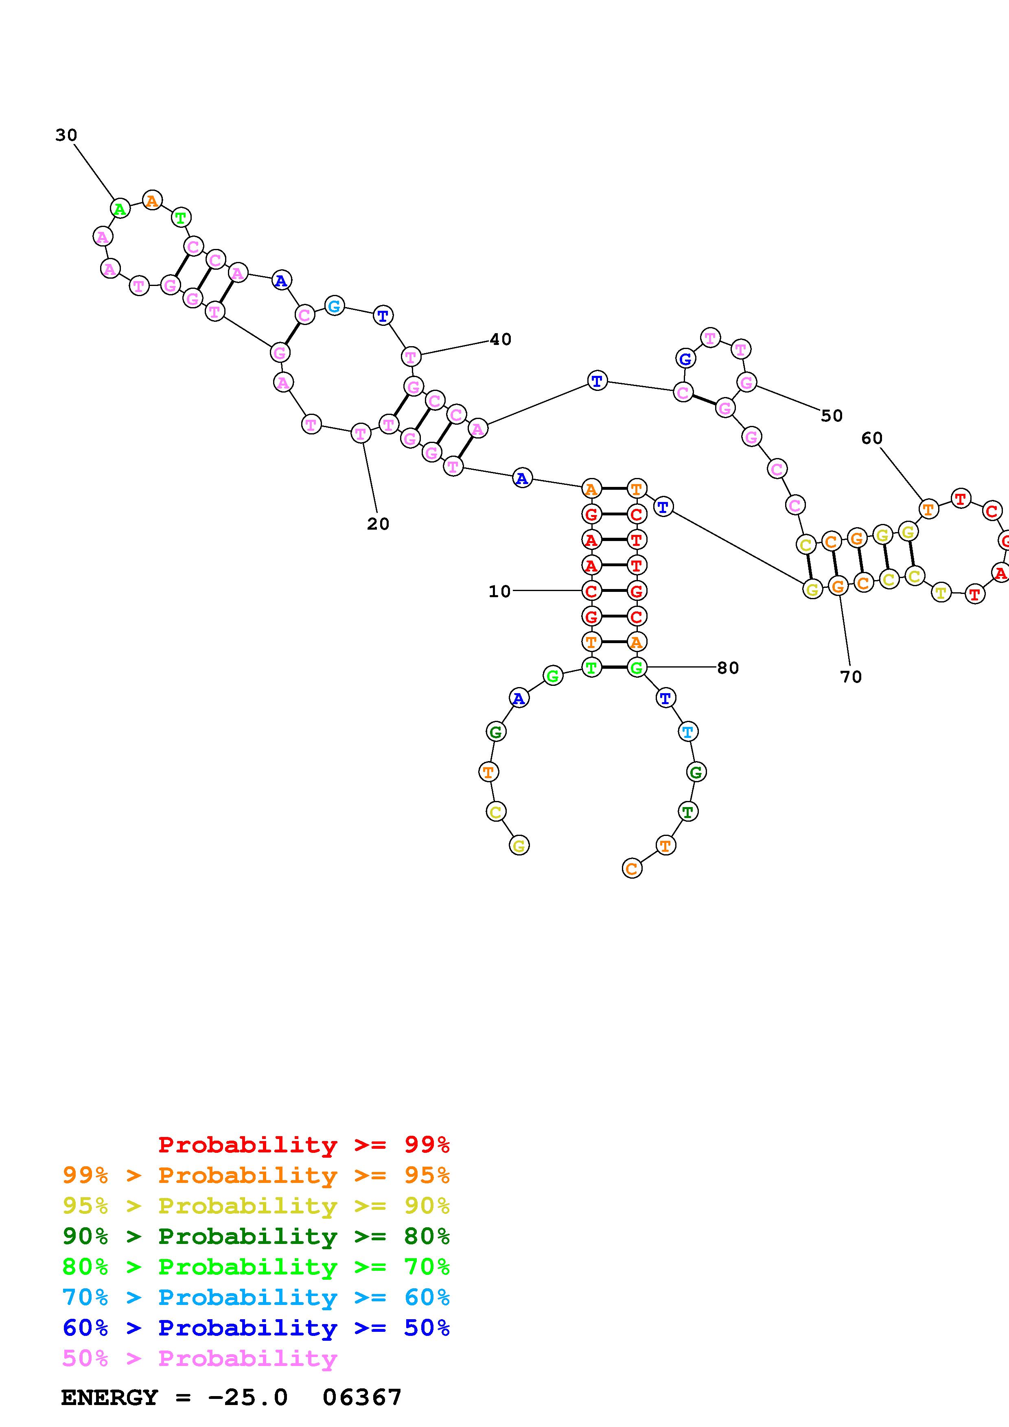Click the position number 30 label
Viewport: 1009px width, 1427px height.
66,135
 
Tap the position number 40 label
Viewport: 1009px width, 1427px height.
501,339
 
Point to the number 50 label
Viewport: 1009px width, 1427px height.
832,416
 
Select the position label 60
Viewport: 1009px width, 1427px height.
871,438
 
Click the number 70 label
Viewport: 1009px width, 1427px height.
851,677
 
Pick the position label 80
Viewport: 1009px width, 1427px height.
728,668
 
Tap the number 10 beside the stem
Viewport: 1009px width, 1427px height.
499,591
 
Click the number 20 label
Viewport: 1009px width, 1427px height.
378,524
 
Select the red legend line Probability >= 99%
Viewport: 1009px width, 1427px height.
304,1144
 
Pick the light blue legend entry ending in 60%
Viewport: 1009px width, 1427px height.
256,1297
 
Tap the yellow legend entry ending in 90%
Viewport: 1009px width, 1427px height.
256,1205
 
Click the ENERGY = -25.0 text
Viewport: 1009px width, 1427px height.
175,1397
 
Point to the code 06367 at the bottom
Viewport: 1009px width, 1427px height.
362,1397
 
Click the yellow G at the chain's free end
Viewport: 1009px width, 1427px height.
519,845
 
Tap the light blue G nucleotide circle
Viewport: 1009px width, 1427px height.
335,306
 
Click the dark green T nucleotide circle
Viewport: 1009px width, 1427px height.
687,811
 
